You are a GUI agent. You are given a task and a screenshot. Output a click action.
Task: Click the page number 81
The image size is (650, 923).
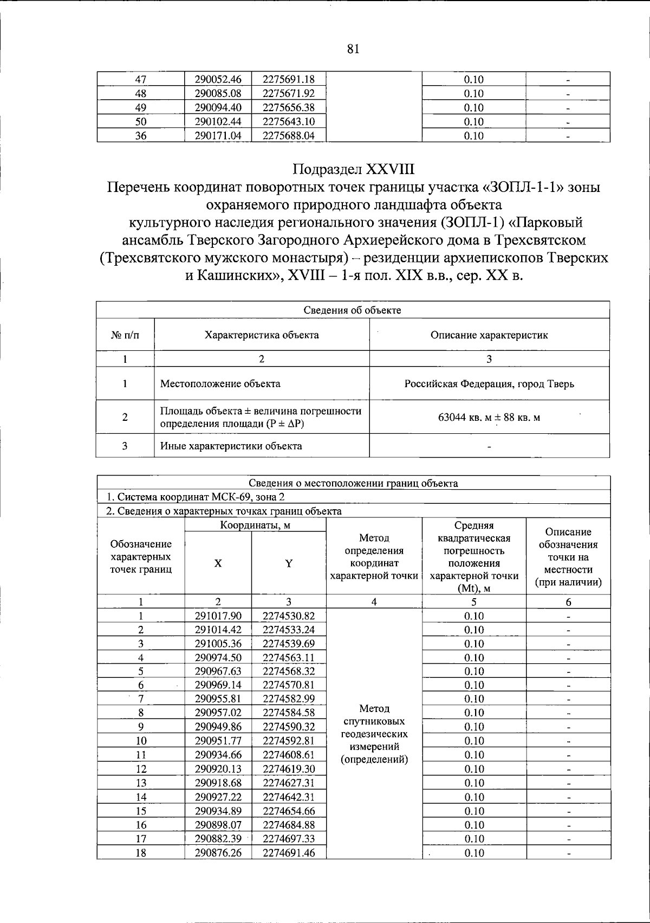pos(353,50)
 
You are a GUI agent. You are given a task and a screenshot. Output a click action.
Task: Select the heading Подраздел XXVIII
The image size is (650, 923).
pos(353,169)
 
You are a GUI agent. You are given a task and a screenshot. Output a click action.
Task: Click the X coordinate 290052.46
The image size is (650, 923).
pos(218,79)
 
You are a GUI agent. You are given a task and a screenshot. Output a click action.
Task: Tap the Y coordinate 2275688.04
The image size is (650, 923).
pos(289,136)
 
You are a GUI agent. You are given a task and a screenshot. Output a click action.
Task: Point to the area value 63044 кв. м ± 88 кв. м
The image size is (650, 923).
pos(489,417)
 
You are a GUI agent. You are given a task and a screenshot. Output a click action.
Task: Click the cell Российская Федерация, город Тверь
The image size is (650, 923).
pos(489,384)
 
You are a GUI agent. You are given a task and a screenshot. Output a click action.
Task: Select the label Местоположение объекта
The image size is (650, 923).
pos(220,384)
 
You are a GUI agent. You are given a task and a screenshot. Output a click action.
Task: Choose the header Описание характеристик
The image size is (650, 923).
pos(489,335)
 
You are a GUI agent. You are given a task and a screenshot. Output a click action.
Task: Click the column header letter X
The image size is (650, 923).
pos(218,563)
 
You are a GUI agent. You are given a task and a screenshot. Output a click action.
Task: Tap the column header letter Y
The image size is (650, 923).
pos(289,563)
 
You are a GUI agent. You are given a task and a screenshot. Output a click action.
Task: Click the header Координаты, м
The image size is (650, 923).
pos(255,525)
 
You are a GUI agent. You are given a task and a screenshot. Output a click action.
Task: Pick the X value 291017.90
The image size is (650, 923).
pos(218,616)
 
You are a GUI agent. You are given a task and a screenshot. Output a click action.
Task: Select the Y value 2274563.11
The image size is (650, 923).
pos(289,657)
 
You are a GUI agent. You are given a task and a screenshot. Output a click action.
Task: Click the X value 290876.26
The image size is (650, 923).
pos(218,853)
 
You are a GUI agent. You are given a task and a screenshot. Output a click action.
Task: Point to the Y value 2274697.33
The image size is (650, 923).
pos(289,838)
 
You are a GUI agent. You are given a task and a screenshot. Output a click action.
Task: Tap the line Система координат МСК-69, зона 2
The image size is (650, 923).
pos(195,497)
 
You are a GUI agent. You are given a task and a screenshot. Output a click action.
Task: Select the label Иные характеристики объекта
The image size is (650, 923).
pos(231,446)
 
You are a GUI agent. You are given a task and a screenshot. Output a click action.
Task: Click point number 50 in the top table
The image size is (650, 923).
pos(141,121)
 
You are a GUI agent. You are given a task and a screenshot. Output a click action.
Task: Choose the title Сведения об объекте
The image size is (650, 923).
pos(352,310)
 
